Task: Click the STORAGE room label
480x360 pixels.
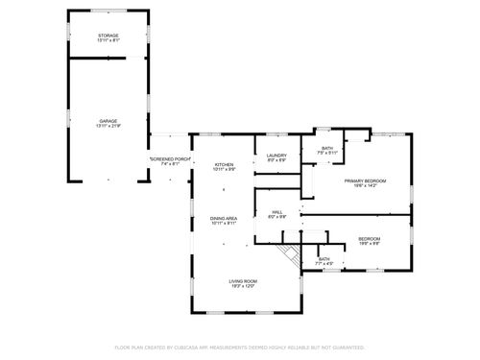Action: pyautogui.click(x=108, y=36)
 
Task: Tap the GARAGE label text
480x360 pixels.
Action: pyautogui.click(x=108, y=121)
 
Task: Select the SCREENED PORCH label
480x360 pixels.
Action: pyautogui.click(x=171, y=158)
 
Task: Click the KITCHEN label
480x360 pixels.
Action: pyautogui.click(x=224, y=164)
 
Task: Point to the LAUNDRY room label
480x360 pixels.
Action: pyautogui.click(x=277, y=156)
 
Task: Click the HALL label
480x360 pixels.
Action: pyautogui.click(x=276, y=212)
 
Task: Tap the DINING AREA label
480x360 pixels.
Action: pyautogui.click(x=224, y=219)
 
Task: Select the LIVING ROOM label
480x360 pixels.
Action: pyautogui.click(x=242, y=280)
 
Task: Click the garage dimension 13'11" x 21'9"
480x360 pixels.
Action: pyautogui.click(x=108, y=126)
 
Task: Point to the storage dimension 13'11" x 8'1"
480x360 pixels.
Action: pyautogui.click(x=108, y=40)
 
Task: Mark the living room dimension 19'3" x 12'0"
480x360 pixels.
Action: pyautogui.click(x=242, y=285)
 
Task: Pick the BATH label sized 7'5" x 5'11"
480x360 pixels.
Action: pyautogui.click(x=326, y=148)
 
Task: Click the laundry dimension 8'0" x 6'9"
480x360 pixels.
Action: pyautogui.click(x=277, y=160)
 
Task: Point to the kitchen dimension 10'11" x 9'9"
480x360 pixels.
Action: pyautogui.click(x=224, y=169)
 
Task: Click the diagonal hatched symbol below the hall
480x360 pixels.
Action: pyautogui.click(x=285, y=256)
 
